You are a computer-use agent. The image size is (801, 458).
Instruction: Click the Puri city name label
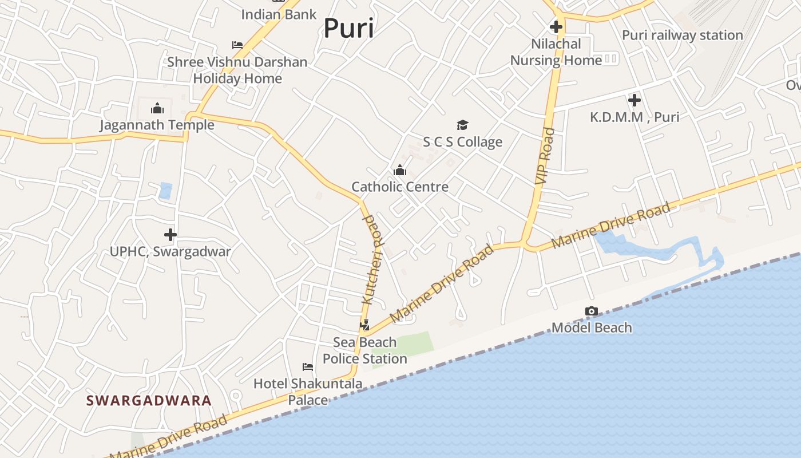tap(348, 29)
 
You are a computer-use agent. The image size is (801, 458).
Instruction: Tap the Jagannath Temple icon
tap(157, 108)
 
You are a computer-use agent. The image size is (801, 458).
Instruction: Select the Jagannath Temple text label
tap(157, 125)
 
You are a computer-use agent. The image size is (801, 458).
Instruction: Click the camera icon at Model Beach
tap(592, 311)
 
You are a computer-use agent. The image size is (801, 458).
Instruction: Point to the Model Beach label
tap(592, 328)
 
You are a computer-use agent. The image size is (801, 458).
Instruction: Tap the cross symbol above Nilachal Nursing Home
tap(556, 27)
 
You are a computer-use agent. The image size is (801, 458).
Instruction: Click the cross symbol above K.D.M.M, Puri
tap(634, 100)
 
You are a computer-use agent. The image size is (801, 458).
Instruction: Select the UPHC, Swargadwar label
tap(170, 251)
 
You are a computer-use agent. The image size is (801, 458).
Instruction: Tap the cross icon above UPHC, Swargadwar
tap(170, 235)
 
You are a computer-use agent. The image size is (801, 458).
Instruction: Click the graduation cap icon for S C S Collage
tap(462, 125)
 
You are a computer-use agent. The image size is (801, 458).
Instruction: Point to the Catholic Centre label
tap(400, 187)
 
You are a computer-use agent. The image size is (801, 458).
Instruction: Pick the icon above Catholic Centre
tap(399, 170)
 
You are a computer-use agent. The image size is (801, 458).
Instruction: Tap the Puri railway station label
tap(682, 35)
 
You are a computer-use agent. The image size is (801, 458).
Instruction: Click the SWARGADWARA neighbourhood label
tap(149, 400)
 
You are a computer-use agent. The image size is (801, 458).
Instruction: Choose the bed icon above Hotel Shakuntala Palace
tap(308, 366)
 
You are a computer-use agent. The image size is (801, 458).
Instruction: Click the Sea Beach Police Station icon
tap(364, 326)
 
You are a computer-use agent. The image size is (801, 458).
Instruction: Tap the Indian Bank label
tap(279, 14)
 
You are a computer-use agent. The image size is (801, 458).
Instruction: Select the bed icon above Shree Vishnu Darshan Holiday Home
tap(237, 45)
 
